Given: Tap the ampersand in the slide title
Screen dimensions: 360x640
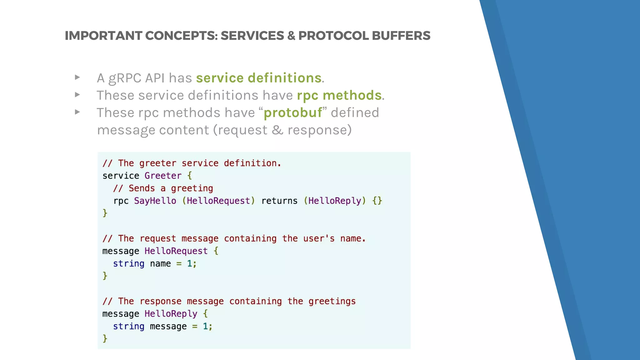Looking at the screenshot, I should coord(291,36).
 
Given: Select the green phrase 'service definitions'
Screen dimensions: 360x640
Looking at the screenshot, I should coord(259,78).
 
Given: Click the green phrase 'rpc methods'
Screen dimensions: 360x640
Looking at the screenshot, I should coord(339,95).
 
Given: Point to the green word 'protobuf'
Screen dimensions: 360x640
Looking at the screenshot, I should coord(293,113).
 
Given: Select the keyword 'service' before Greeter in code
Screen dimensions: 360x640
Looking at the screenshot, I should coord(121,176).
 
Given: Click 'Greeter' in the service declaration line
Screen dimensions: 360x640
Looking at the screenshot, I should coord(163,176).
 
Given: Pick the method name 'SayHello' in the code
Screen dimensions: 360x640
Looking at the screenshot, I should coord(155,201).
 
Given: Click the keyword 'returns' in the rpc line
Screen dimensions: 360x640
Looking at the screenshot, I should coord(279,201).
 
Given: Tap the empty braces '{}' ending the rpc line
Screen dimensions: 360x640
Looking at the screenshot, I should coord(377,201).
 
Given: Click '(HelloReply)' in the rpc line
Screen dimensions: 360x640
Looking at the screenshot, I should coord(335,201).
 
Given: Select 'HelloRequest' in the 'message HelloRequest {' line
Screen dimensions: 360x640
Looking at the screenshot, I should coord(176,251).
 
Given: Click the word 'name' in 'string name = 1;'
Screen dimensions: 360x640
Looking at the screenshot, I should coord(160,264).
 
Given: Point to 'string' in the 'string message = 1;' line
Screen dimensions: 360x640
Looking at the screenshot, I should coord(128,327).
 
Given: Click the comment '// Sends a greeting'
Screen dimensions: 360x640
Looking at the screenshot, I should coord(163,188).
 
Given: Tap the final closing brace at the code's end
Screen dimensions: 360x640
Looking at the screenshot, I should coord(105,338).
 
